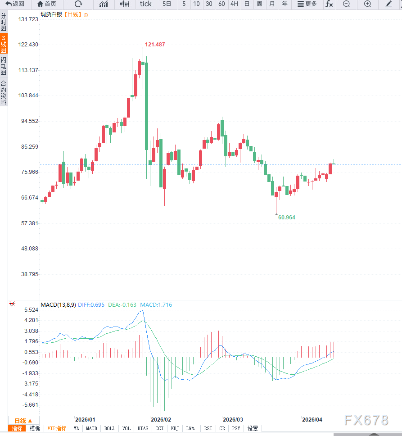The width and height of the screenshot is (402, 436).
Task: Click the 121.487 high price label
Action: pyautogui.click(x=155, y=45)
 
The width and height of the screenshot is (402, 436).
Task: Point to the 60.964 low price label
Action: pyautogui.click(x=287, y=217)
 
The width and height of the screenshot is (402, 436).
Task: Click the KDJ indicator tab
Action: pyautogui.click(x=174, y=428)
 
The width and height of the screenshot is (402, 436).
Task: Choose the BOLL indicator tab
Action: pyautogui.click(x=109, y=428)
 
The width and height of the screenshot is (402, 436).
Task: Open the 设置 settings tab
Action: pyautogui.click(x=253, y=428)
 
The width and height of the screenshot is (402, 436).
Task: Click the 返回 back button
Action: pyautogui.click(x=15, y=4)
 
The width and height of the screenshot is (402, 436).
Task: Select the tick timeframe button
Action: pyautogui.click(x=146, y=4)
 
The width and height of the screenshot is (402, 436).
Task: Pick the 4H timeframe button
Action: pyautogui.click(x=234, y=4)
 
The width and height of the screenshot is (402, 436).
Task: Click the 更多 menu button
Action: pyautogui.click(x=307, y=4)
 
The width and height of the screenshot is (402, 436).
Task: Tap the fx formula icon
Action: pyautogui.click(x=330, y=4)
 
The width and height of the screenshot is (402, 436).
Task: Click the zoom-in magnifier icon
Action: pyautogui.click(x=368, y=4)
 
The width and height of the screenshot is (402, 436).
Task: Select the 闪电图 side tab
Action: pyautogui.click(x=4, y=66)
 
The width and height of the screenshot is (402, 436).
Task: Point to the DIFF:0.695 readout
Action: pyautogui.click(x=91, y=305)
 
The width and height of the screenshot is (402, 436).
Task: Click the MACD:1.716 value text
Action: pyautogui.click(x=156, y=305)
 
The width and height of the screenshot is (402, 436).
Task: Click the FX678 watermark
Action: pyautogui.click(x=366, y=420)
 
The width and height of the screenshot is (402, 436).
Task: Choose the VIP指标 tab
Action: pyautogui.click(x=57, y=428)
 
